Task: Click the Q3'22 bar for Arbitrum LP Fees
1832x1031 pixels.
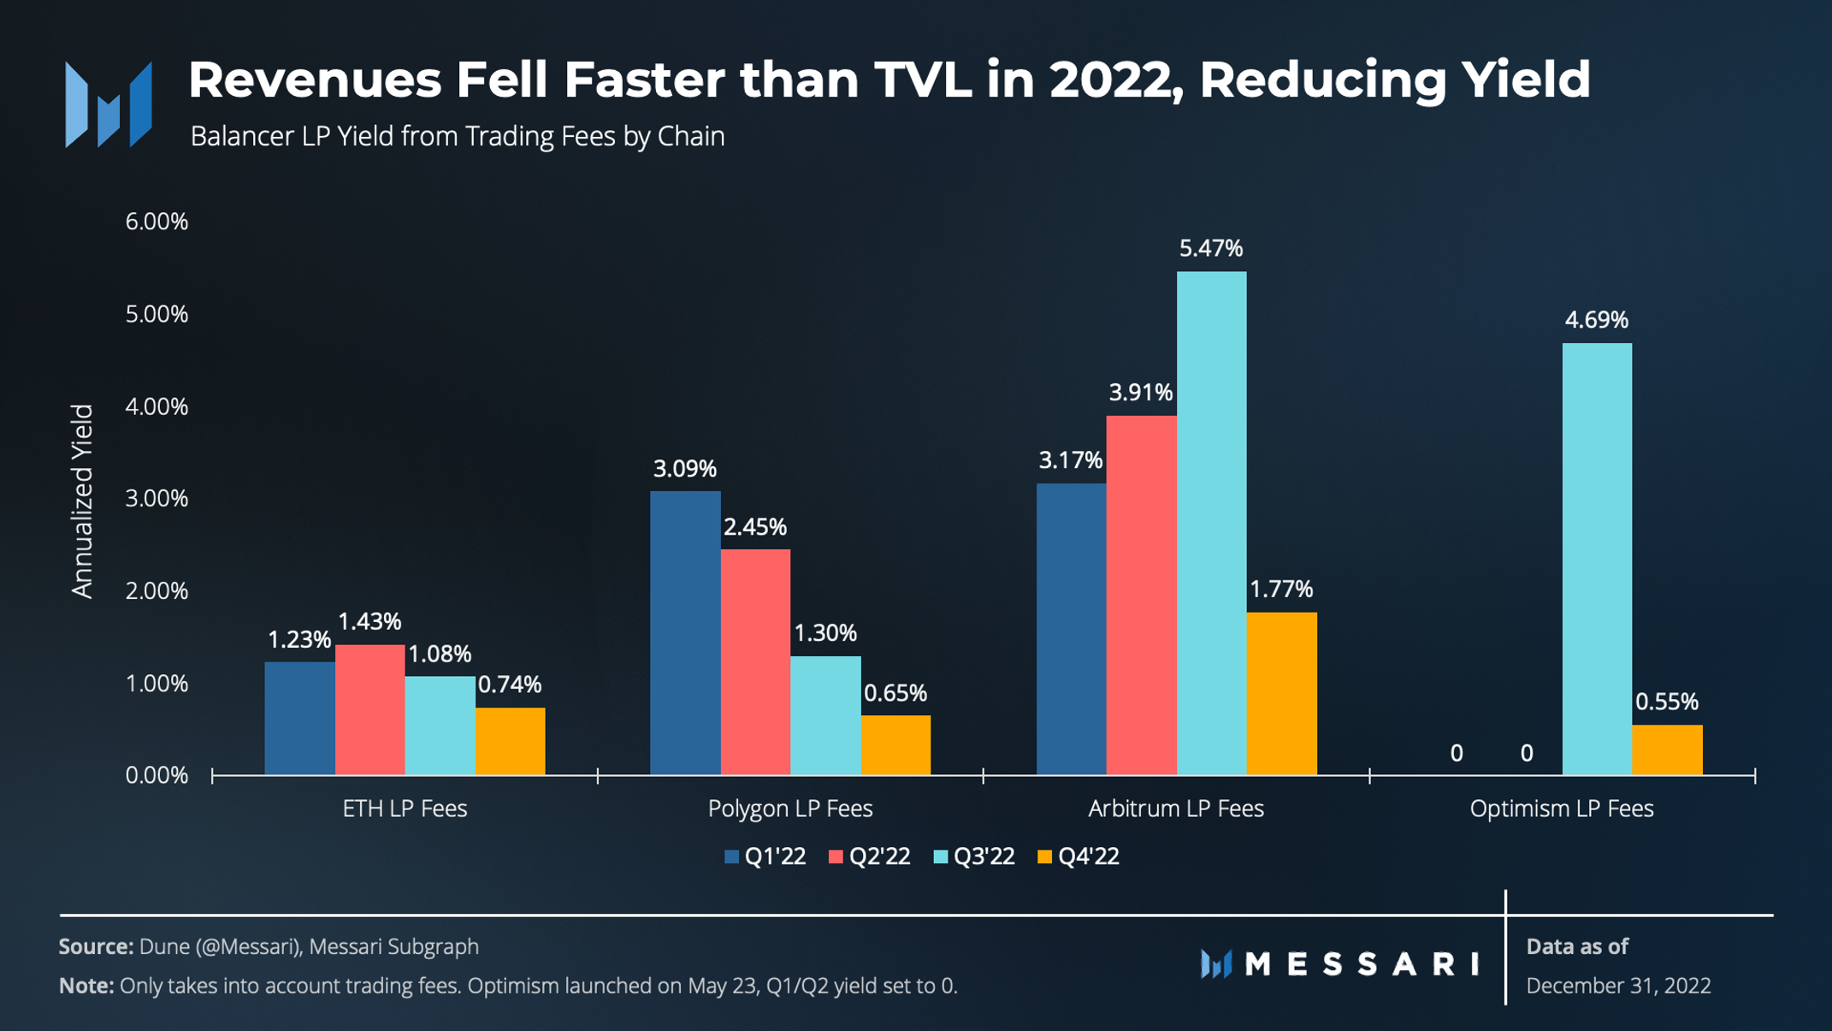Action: pos(1211,523)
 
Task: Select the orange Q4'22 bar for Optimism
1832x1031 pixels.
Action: pos(1667,750)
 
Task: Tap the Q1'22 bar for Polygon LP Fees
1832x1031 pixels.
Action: pos(685,633)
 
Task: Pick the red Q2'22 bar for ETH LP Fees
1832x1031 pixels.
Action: pos(369,709)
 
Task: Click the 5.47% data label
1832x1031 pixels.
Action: pos(1211,249)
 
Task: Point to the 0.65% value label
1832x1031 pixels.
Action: pos(895,693)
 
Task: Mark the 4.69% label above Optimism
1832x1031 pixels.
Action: pos(1597,320)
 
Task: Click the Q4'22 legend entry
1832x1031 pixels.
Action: pos(1079,856)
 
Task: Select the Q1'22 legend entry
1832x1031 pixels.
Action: pos(765,856)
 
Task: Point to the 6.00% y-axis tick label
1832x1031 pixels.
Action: pos(157,222)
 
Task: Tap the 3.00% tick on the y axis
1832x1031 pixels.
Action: pos(157,499)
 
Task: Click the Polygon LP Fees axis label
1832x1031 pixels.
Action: pos(790,809)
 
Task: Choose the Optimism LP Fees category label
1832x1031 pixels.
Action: pos(1562,809)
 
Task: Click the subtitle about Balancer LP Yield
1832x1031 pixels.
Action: pos(458,137)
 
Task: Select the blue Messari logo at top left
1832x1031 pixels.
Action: pos(109,104)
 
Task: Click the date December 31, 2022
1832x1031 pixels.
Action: pos(1618,986)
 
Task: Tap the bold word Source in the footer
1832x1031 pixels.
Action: pos(95,946)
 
